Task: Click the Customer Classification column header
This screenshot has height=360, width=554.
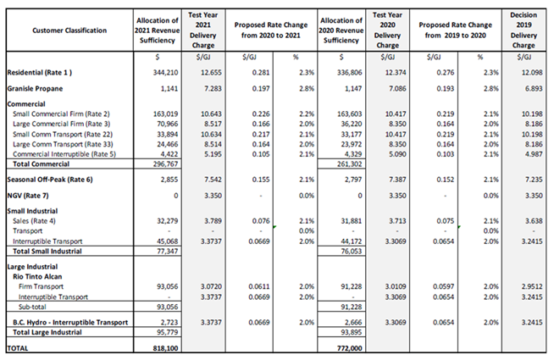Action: [69, 30]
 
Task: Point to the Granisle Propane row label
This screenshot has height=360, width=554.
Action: [37, 88]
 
